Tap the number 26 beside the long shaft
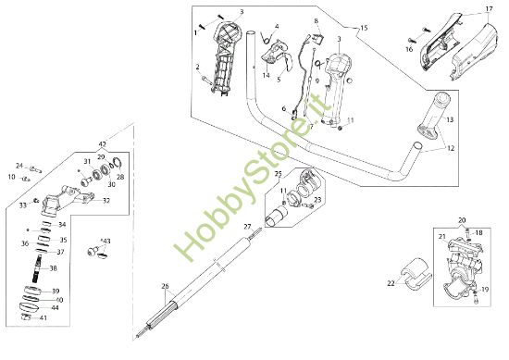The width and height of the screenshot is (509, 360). pos(166,286)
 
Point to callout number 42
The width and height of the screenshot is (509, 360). pos(102,144)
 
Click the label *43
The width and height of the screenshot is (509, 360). pos(106,241)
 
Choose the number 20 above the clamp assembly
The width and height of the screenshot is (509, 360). pos(436,220)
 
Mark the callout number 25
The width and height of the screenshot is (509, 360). pos(279,173)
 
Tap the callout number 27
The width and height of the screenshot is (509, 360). pos(246,226)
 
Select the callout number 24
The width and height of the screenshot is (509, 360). pos(19,166)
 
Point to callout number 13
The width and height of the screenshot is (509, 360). pos(452,119)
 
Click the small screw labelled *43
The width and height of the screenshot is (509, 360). pos(93,251)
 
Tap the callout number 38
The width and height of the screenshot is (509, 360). pos(52,268)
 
